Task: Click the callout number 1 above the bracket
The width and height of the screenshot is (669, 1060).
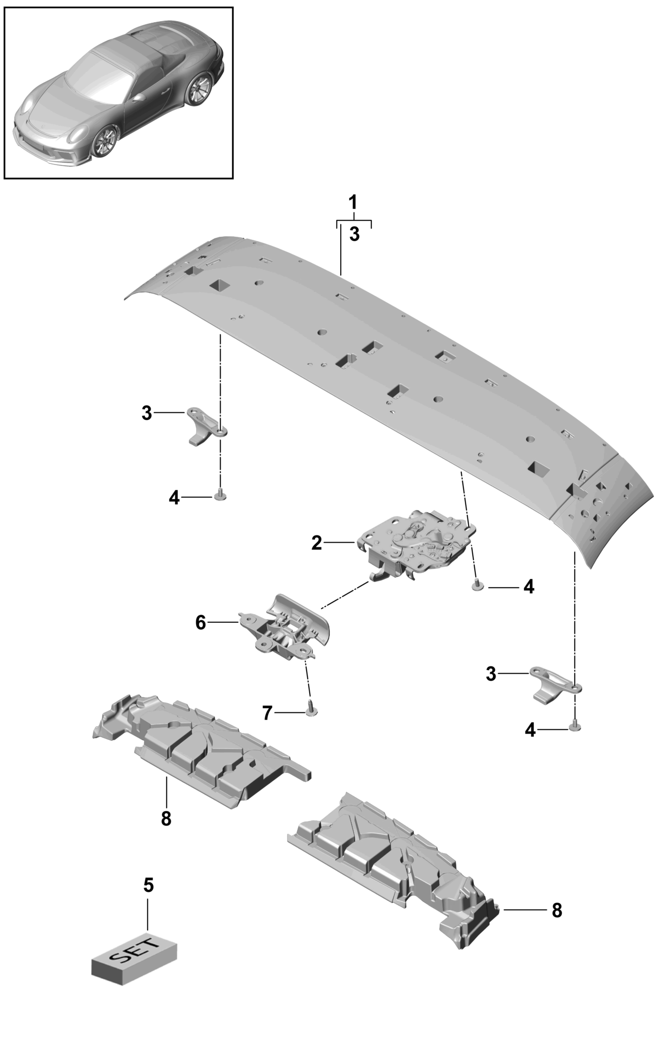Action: pyautogui.click(x=353, y=202)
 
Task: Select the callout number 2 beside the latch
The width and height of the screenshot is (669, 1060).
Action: pyautogui.click(x=316, y=543)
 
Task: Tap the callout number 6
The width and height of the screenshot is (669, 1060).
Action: pyautogui.click(x=200, y=622)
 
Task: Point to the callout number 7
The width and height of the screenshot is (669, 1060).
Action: pyautogui.click(x=267, y=713)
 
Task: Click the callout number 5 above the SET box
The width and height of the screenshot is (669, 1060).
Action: pyautogui.click(x=148, y=885)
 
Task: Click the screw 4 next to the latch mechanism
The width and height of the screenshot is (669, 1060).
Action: pyautogui.click(x=477, y=585)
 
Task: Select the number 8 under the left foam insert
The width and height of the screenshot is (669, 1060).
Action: pyautogui.click(x=166, y=819)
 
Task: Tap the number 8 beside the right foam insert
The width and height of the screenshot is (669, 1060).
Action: pyautogui.click(x=557, y=910)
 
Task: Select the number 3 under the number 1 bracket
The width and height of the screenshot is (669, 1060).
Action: pyautogui.click(x=354, y=234)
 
